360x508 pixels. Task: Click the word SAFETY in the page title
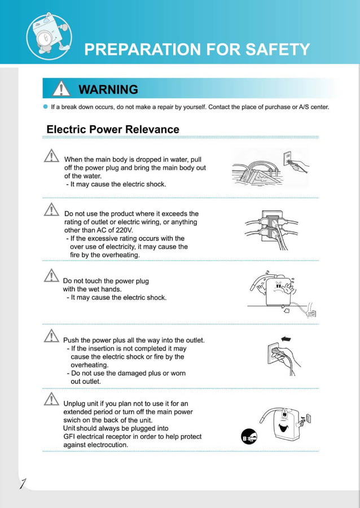coord(278,49)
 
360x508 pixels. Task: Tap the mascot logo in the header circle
coord(49,36)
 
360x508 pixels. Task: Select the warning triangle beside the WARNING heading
coord(62,89)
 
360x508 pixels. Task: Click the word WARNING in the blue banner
coord(108,89)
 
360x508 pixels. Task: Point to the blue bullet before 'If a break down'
coord(45,107)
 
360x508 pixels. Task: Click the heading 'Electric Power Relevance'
coord(113,129)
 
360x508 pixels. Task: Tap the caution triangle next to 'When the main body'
coord(51,156)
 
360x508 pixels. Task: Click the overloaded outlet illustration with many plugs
coord(271,229)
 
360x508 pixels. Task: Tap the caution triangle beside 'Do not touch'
coord(51,275)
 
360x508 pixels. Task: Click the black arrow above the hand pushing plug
coord(286,339)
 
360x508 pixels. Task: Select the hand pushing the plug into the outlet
coord(286,356)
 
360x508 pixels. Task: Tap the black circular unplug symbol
coord(249,436)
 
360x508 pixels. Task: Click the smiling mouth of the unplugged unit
coord(283,428)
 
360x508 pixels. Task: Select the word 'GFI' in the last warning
coord(69,437)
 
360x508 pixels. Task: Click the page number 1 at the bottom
coord(23,483)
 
